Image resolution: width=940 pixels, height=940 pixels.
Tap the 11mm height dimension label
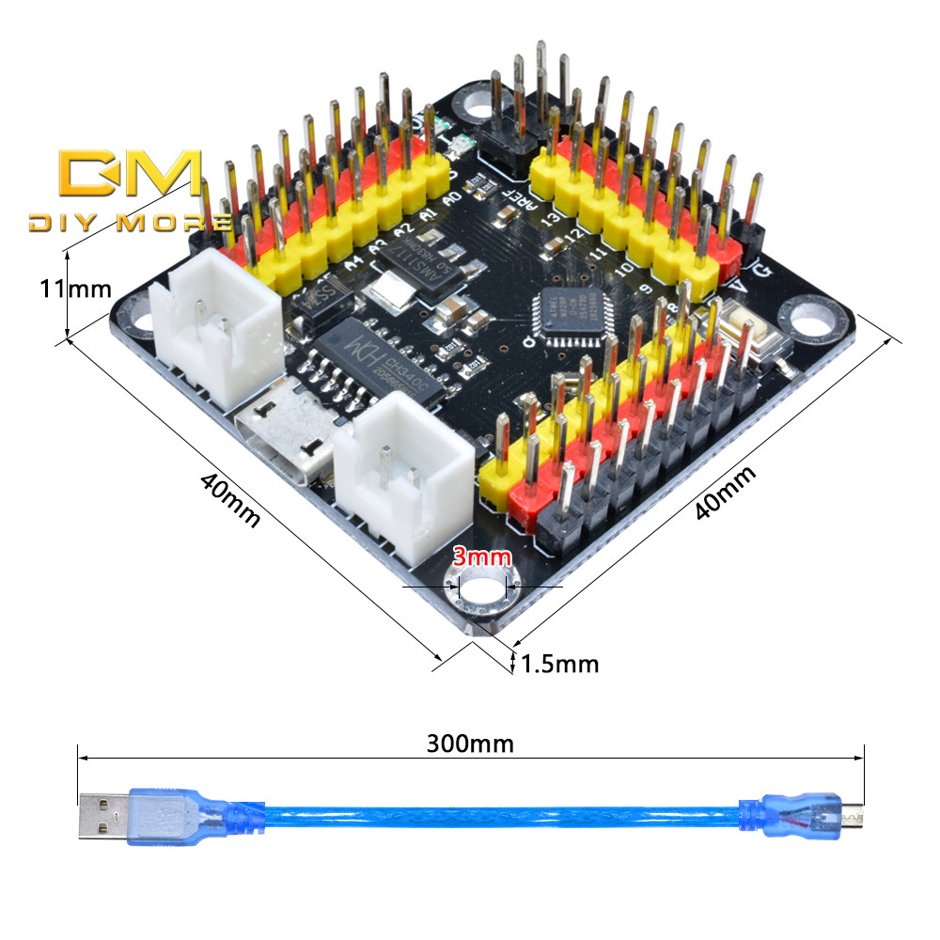(x=75, y=288)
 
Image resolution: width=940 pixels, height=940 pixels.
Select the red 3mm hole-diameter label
(x=481, y=556)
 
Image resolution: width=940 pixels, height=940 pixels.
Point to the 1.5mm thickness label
(x=559, y=665)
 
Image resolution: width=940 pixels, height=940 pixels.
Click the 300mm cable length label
(x=470, y=744)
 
